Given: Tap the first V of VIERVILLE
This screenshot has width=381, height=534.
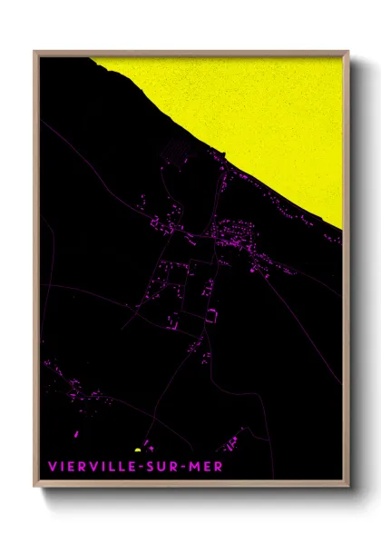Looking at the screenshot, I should [52, 467].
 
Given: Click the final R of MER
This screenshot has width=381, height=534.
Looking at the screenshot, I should [220, 467].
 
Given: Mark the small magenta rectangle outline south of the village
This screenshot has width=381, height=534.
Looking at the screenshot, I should [211, 314].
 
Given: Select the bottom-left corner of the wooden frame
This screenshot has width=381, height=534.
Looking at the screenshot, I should [35, 488].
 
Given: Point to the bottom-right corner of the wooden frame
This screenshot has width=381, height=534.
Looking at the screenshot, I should [347, 488].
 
